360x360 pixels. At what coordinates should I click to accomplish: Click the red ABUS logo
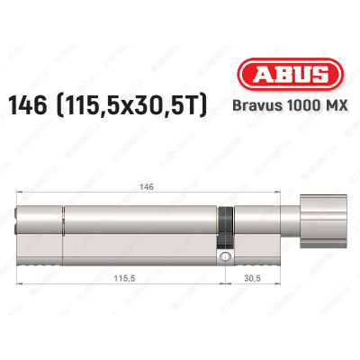coord(290,74)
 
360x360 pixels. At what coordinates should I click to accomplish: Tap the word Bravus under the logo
coord(252,105)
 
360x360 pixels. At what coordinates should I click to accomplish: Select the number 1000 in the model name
coord(298,105)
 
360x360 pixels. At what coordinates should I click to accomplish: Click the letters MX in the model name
coord(336,105)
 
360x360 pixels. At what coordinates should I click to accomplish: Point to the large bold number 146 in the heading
coord(27,105)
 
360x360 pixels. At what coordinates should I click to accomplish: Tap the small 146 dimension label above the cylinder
coord(147,187)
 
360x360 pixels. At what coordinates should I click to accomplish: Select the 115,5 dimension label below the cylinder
coord(124,279)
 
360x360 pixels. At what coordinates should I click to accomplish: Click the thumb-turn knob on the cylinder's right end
coord(323,221)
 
